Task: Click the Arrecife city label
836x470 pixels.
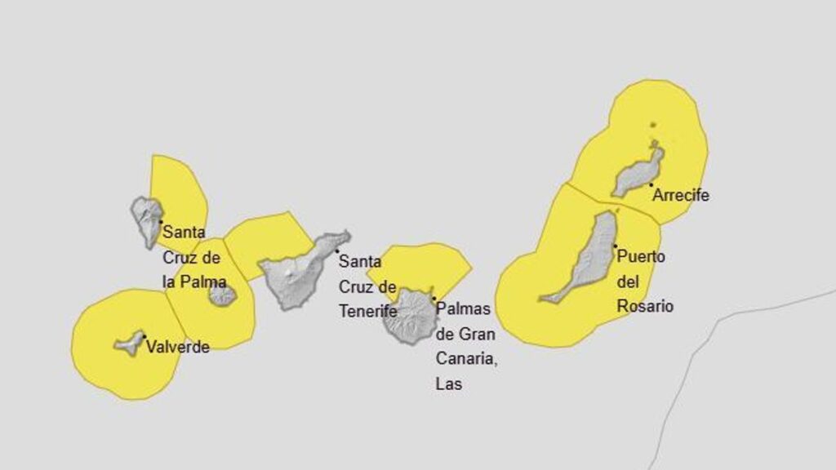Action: pyautogui.click(x=681, y=196)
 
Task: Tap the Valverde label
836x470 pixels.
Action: pyautogui.click(x=177, y=347)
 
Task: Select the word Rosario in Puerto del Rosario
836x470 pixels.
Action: pyautogui.click(x=645, y=307)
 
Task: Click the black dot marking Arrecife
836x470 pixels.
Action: pyautogui.click(x=651, y=184)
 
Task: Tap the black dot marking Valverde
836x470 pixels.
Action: pyautogui.click(x=144, y=336)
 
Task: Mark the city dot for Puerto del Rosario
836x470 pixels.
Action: pyautogui.click(x=615, y=246)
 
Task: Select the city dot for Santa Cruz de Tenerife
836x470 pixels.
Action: pyautogui.click(x=336, y=251)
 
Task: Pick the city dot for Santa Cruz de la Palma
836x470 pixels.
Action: pyautogui.click(x=160, y=221)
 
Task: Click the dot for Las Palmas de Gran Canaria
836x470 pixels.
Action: pyautogui.click(x=434, y=299)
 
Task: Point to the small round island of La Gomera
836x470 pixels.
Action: pyautogui.click(x=221, y=295)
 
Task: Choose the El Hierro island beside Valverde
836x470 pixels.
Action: pyautogui.click(x=129, y=343)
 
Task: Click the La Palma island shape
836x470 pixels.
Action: pyautogui.click(x=147, y=219)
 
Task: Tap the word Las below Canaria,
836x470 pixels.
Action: pyautogui.click(x=449, y=384)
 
